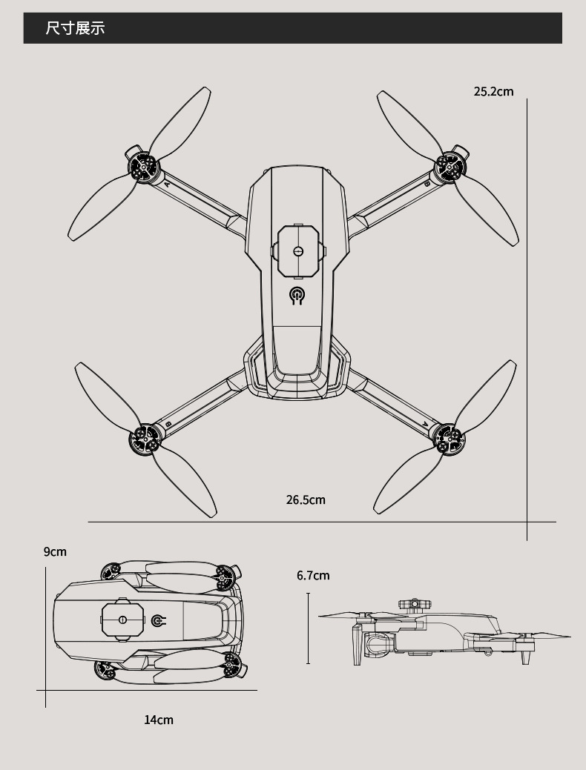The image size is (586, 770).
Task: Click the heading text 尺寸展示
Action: point(75,28)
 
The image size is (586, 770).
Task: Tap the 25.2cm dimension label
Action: point(493,92)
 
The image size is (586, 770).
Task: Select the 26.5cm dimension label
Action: point(306,500)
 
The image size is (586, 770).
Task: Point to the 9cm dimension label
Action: point(55,552)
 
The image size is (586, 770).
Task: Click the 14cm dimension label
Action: point(159,720)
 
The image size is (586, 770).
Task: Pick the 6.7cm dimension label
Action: point(313,576)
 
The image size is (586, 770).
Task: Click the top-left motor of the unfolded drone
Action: point(143,167)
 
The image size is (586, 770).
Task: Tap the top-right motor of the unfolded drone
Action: point(449,167)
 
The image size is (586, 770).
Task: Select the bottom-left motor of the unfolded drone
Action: point(145,439)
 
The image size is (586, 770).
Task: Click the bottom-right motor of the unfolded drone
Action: point(447,439)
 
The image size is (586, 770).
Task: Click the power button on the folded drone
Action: point(158,622)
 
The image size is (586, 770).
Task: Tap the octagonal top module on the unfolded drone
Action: point(298,250)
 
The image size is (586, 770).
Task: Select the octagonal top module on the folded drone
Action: point(122,620)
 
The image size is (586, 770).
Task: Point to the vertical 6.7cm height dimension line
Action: point(308,628)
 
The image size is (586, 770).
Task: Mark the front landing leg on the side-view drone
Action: point(358,645)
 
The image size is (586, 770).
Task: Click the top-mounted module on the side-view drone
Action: point(415,604)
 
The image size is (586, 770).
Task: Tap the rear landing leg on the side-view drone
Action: point(527,653)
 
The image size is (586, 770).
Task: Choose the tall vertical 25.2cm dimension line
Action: point(527,311)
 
